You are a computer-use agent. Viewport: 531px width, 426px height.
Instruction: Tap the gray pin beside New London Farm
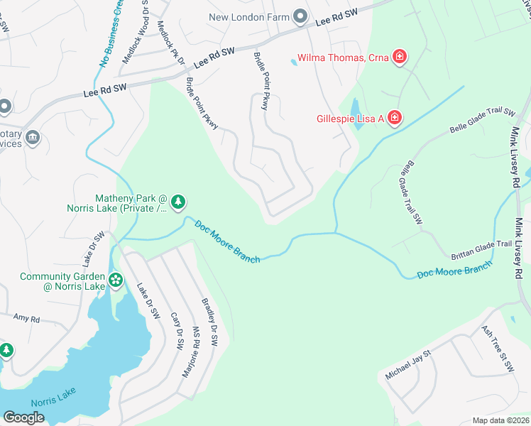[x=300, y=16]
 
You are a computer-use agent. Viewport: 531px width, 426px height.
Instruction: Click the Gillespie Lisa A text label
[x=349, y=119]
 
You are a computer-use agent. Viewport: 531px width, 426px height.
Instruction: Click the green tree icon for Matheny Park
[x=178, y=203]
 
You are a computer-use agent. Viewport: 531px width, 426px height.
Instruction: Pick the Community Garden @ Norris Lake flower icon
[x=116, y=281]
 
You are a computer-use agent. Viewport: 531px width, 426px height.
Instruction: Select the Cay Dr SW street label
[x=177, y=331]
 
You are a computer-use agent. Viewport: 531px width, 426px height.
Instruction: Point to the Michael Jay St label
[x=408, y=364]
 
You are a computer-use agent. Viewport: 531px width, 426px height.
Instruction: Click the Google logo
[x=24, y=417]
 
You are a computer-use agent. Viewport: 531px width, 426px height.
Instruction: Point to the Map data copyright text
[x=500, y=420]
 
